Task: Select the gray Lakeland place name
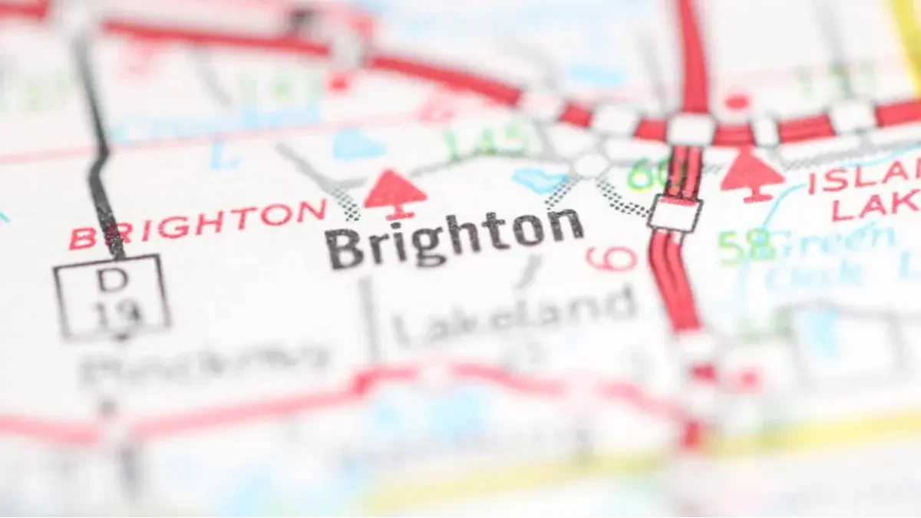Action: (x=514, y=314)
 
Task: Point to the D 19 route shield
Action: (x=111, y=295)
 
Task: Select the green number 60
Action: (x=647, y=176)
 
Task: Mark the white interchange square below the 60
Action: (x=675, y=213)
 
